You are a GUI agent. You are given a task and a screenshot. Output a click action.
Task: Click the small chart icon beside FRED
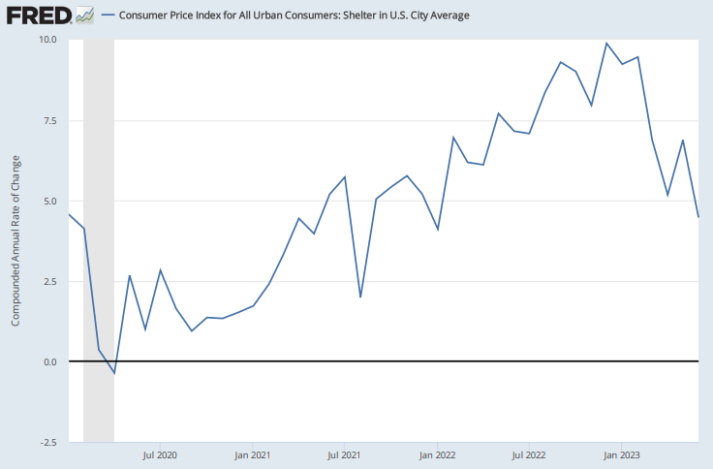tap(85, 15)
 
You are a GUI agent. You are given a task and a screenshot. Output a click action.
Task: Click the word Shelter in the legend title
tap(342, 15)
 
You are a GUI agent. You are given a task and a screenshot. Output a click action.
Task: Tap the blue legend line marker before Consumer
tap(107, 15)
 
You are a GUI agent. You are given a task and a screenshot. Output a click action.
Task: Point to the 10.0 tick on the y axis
tap(47, 40)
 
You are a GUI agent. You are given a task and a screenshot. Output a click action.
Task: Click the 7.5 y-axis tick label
tap(49, 120)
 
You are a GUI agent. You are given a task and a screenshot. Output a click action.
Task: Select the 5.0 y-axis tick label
tap(49, 201)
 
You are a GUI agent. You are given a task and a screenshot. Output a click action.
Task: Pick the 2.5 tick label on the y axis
tap(49, 281)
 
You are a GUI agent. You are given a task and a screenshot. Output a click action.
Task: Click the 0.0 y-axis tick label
tap(49, 361)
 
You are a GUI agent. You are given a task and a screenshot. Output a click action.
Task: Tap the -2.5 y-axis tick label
tap(47, 442)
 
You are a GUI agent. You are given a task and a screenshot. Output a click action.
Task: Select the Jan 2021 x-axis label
tap(252, 453)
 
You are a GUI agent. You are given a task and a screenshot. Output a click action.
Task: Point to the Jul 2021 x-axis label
tap(345, 453)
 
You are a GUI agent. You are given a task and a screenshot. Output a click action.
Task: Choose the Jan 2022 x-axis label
tap(438, 453)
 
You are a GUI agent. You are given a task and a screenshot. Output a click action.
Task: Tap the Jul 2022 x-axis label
tap(530, 453)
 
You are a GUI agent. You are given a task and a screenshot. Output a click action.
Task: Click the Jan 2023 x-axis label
tap(623, 453)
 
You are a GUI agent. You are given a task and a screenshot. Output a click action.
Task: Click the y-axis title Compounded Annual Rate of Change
tap(15, 240)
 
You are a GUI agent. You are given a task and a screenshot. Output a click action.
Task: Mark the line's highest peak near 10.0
tap(606, 43)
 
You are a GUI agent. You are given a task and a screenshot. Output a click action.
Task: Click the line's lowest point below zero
tap(114, 373)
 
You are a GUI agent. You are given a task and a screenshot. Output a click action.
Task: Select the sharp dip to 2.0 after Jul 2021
tap(360, 297)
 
